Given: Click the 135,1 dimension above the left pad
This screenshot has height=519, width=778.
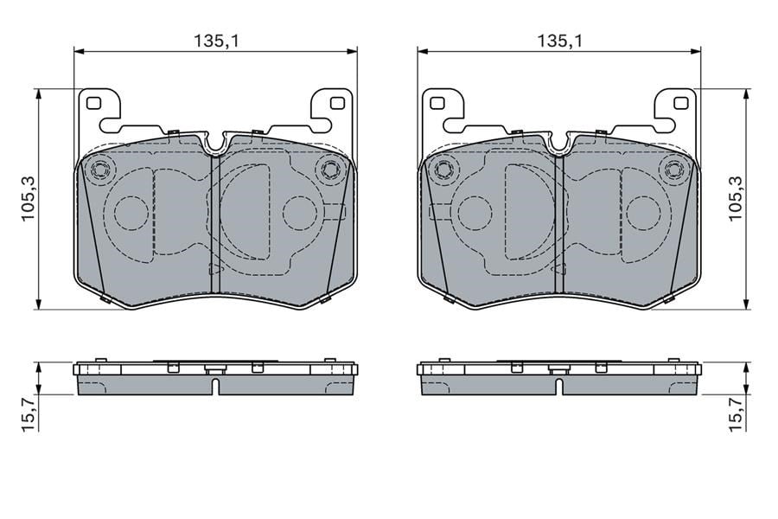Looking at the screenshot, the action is (216, 41).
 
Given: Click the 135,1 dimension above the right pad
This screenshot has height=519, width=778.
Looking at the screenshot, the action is (560, 41).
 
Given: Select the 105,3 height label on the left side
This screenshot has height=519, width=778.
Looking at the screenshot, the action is (28, 199).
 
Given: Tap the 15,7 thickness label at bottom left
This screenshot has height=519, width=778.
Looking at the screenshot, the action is (28, 414).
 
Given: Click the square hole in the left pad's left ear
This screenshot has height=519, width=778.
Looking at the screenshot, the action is (93, 103).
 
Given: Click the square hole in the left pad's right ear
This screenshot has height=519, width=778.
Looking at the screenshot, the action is (337, 103).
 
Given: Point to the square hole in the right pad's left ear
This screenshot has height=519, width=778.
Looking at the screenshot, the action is (437, 103).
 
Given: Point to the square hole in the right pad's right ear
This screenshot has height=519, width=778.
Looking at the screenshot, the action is (681, 103).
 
